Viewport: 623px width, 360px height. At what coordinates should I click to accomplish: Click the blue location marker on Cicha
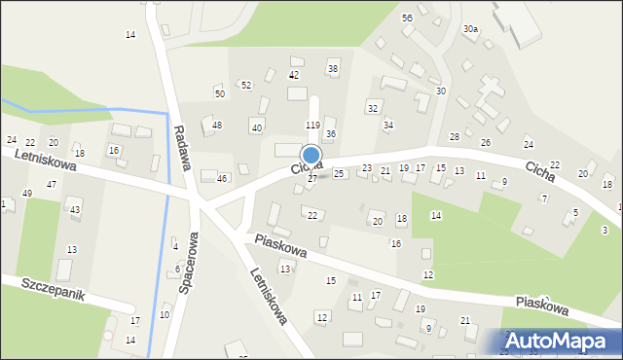[x=311, y=155]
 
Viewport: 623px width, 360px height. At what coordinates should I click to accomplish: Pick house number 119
[x=312, y=126]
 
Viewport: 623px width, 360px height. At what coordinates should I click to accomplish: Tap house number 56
[x=408, y=18]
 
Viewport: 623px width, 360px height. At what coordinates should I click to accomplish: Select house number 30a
[x=470, y=30]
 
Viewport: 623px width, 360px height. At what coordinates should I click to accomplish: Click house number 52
[x=246, y=86]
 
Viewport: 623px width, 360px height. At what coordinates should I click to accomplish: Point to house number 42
[x=293, y=75]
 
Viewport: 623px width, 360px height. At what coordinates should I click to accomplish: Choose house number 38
[x=332, y=68]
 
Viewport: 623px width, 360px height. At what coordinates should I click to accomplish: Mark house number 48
[x=217, y=126]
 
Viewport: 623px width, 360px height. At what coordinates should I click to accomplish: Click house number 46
[x=222, y=179]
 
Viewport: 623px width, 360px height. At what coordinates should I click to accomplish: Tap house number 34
[x=387, y=126]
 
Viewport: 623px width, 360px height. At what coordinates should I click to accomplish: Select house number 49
[x=27, y=194]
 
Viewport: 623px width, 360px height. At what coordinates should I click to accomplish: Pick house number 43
[x=75, y=210]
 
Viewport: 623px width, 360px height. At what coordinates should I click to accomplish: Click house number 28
[x=454, y=137]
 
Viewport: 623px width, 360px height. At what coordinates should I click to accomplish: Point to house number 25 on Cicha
[x=339, y=174]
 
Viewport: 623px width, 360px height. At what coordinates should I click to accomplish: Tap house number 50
[x=220, y=93]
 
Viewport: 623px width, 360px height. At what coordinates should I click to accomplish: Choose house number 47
[x=51, y=184]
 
